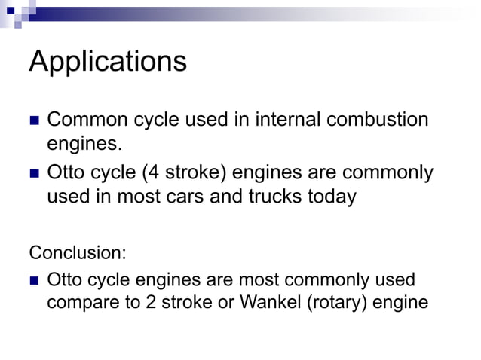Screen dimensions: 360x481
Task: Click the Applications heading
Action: [x=108, y=62]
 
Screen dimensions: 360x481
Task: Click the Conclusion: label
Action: [x=78, y=252]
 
